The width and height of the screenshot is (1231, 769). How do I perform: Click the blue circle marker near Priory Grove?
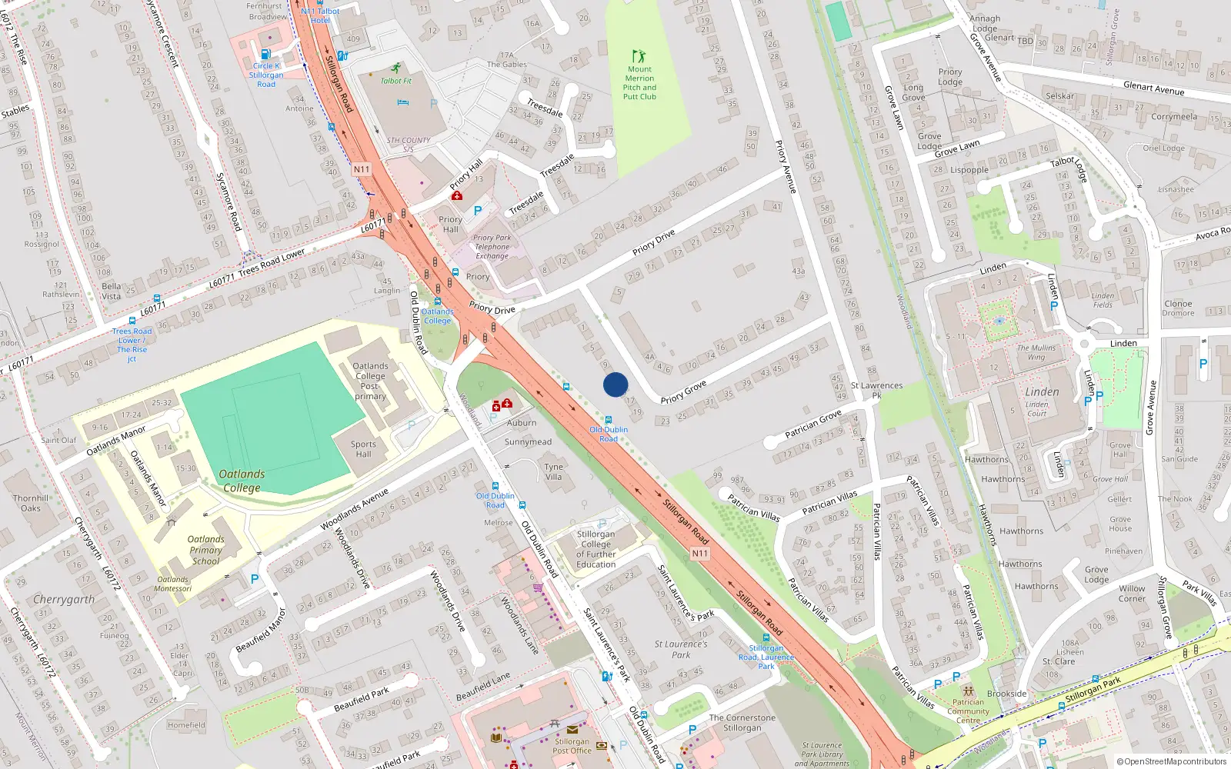pos(615,384)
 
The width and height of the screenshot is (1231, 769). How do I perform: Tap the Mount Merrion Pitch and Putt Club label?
pos(639,83)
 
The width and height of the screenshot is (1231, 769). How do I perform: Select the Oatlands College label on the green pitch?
pos(242,481)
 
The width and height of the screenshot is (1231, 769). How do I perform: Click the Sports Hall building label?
pos(363,448)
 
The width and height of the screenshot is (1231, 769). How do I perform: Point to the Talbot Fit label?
pos(396,81)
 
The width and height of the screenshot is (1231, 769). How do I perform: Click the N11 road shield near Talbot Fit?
pos(362,169)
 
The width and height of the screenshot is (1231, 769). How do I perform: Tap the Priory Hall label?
pos(450,224)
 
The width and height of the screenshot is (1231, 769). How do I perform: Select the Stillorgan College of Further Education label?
pos(596,549)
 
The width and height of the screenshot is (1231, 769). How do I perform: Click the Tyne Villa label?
pos(554,471)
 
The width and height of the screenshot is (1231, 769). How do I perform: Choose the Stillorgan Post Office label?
pos(572,746)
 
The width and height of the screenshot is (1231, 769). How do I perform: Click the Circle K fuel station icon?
pos(265,55)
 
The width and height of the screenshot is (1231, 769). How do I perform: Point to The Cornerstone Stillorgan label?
pos(742,722)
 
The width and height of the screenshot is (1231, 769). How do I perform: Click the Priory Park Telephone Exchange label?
pos(492,247)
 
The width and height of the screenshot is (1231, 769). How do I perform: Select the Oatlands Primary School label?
pos(206,550)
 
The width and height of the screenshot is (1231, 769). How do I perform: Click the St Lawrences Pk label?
pos(876,390)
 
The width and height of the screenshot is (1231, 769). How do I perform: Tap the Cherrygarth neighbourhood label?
pos(64,599)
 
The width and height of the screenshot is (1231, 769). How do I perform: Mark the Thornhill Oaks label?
pos(31,503)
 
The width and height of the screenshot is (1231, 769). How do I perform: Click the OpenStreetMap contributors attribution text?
pos(1172,761)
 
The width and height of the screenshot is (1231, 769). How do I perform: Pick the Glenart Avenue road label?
pos(1153,88)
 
